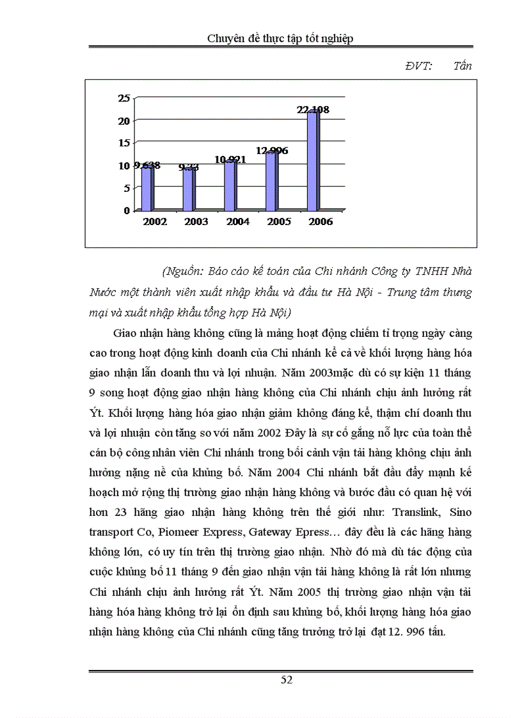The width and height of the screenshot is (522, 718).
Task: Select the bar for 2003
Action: [189, 189]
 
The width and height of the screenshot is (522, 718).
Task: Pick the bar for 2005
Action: [272, 181]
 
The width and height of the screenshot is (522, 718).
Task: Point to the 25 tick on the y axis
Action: [124, 98]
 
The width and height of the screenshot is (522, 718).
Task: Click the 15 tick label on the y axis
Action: [124, 143]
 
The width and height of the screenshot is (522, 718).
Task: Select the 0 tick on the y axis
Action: [127, 210]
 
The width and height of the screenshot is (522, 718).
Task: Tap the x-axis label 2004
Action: [238, 222]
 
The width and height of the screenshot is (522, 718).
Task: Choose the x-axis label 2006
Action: [320, 222]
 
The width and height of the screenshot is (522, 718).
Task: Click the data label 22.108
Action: [313, 110]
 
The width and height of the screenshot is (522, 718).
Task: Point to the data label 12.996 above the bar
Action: [272, 151]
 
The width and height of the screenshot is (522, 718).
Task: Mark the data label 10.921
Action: [231, 160]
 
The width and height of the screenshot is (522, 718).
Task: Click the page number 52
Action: [287, 680]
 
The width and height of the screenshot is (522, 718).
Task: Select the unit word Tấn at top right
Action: [462, 66]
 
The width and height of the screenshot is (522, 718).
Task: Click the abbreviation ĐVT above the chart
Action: [419, 66]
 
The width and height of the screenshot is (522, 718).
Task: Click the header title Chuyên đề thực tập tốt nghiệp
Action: [280, 38]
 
